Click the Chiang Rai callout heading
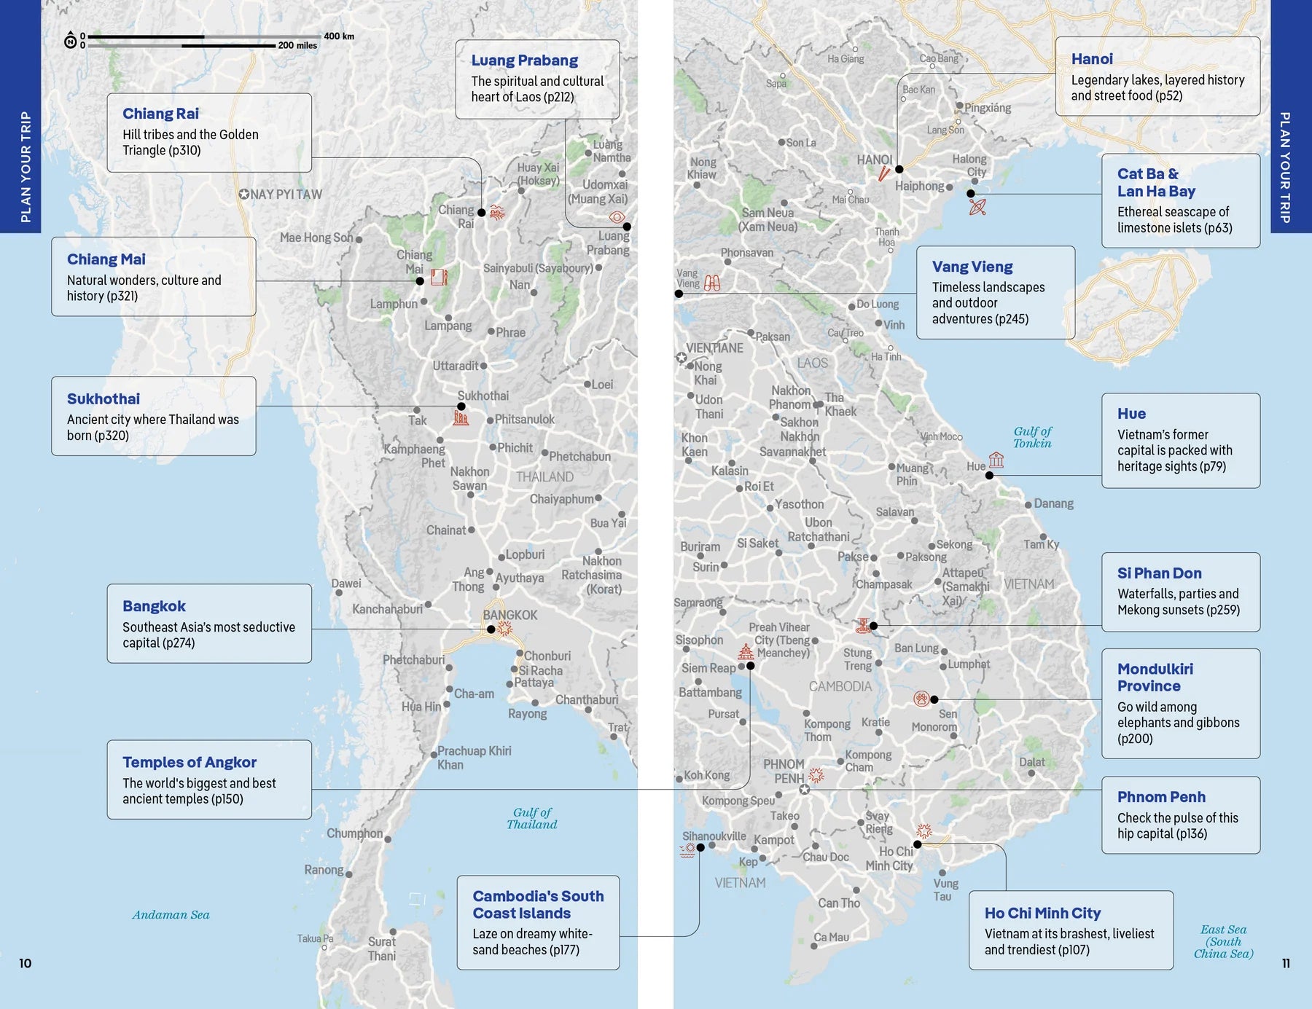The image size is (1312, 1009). (160, 114)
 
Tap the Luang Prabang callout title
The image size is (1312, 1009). (524, 60)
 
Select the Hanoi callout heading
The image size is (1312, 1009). (1091, 59)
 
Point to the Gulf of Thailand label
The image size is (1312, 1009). (532, 818)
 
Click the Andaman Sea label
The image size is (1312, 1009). (171, 915)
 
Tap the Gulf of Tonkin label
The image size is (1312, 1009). (1032, 437)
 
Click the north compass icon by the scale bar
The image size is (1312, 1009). (71, 41)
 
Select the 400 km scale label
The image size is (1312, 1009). (338, 36)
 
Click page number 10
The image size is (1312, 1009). (25, 963)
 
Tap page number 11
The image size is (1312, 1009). (1286, 963)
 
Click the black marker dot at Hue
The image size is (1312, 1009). (989, 475)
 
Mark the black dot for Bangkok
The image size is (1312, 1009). (491, 629)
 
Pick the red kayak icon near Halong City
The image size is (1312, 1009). (977, 208)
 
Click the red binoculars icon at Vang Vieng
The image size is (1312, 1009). (712, 283)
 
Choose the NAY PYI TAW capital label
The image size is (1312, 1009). (281, 195)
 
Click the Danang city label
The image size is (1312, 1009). (1053, 503)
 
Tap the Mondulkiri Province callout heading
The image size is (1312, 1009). (1155, 678)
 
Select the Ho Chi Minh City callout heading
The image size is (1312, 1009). (1042, 913)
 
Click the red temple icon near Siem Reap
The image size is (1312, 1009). (745, 651)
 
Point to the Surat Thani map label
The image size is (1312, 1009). (382, 949)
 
